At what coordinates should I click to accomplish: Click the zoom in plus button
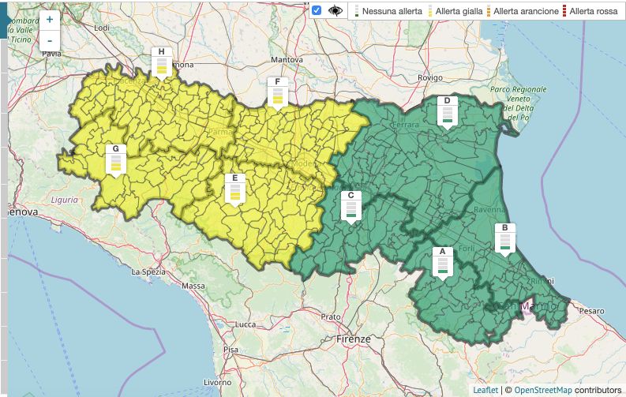[50, 19]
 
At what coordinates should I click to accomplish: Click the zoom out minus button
[50, 40]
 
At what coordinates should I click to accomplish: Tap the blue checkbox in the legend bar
[317, 11]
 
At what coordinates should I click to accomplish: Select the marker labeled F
[277, 92]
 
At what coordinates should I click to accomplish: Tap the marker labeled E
[234, 189]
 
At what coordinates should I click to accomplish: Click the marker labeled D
[447, 112]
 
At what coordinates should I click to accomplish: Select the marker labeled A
[442, 262]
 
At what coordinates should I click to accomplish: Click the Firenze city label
[353, 339]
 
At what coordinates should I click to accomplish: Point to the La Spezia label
[148, 272]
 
